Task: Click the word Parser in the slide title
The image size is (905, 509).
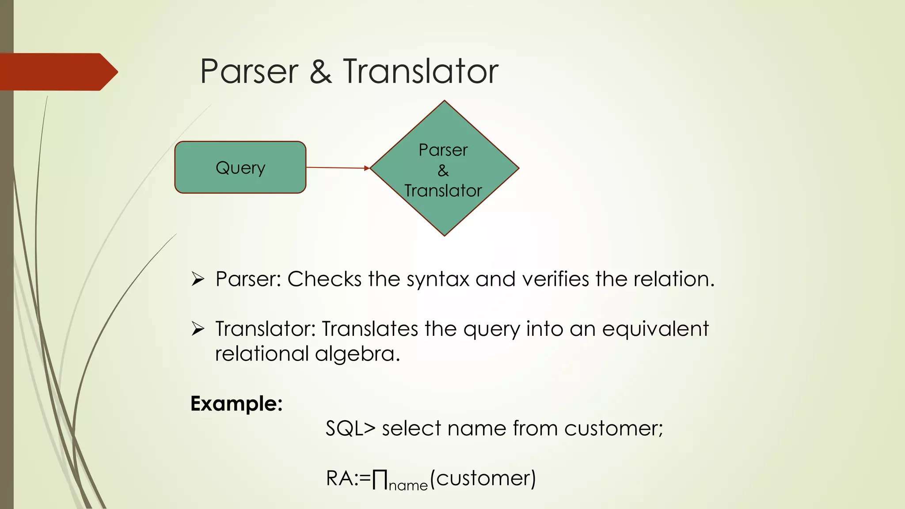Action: (249, 72)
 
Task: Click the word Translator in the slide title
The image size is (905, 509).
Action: (420, 72)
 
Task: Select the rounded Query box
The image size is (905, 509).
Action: (240, 167)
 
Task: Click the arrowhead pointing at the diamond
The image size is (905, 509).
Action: (367, 168)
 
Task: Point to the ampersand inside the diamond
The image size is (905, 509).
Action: (443, 171)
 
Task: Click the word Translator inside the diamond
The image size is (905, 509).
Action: (443, 191)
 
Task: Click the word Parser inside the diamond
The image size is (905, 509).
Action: (443, 150)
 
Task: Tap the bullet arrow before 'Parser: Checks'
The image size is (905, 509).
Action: (198, 279)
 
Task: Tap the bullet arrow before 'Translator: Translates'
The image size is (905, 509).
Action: (198, 329)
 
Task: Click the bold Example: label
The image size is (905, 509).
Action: (236, 404)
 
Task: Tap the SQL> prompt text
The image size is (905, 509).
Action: (350, 429)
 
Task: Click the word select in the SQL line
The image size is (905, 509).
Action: (411, 429)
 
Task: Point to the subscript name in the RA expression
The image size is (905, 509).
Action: (408, 486)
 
